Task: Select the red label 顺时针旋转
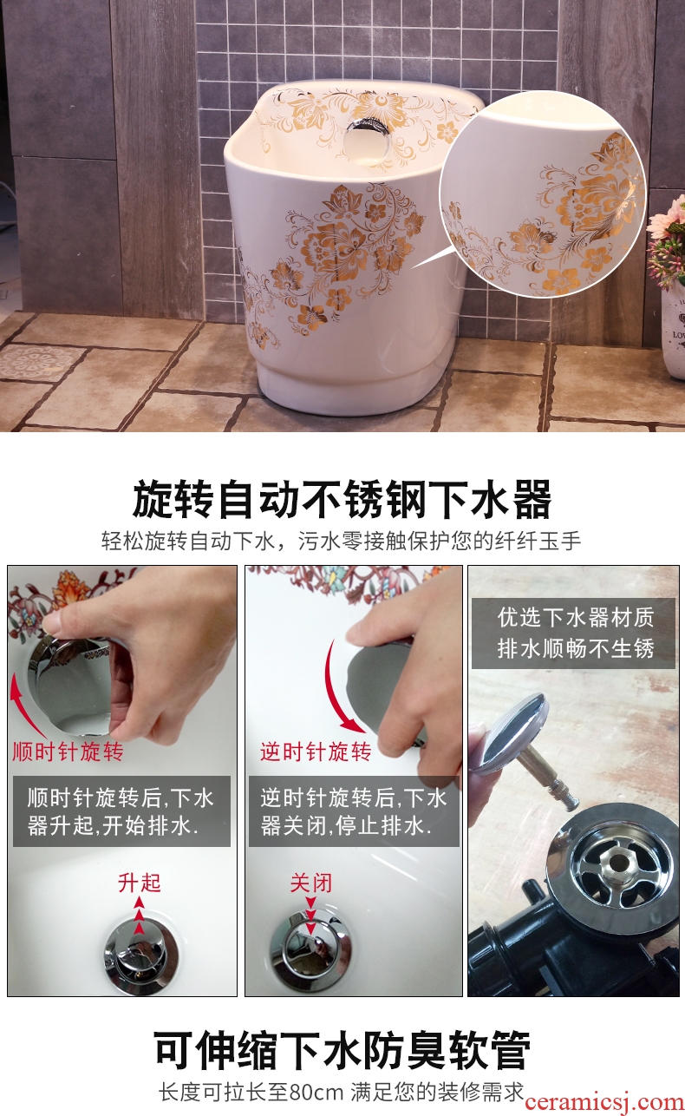pos(68,752)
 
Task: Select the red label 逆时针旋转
pos(316,752)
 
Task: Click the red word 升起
pos(140,883)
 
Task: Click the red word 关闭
pos(311,883)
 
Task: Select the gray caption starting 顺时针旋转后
pos(121,811)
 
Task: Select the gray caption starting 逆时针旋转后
pos(354,811)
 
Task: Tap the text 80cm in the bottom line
pos(316,1093)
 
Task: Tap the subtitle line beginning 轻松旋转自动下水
pos(342,541)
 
